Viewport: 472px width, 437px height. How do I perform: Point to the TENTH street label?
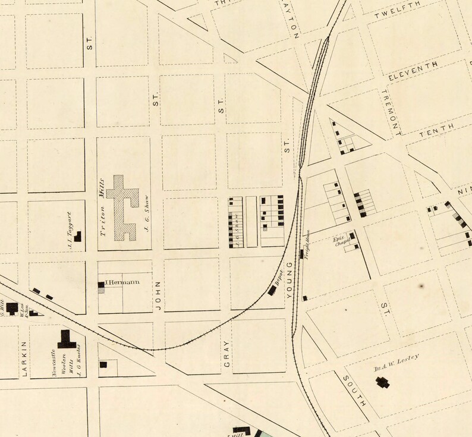point(436,131)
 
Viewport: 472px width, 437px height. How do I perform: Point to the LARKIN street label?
point(25,360)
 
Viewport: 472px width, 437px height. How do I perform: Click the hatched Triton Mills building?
point(126,208)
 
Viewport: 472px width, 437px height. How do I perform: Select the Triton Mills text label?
point(105,206)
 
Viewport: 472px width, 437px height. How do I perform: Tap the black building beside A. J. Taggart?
point(77,237)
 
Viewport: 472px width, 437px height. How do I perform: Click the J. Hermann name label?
point(122,282)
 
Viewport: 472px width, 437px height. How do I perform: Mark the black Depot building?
point(273,290)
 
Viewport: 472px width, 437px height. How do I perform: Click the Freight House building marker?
point(302,254)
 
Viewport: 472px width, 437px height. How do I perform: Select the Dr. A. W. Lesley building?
point(382,382)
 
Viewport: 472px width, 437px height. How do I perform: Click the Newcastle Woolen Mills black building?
point(67,339)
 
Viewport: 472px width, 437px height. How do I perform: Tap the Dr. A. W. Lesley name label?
point(397,361)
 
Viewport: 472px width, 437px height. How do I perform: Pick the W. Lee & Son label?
point(24,311)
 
